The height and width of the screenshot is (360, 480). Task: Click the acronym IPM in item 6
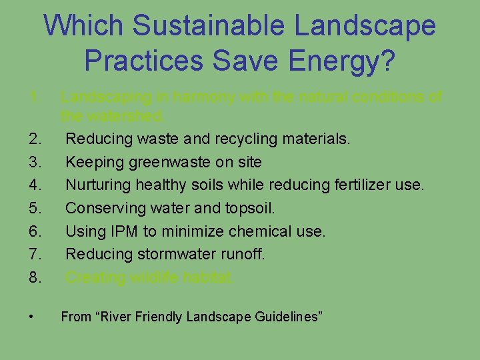(125, 231)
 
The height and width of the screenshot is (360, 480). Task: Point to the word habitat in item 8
(210, 277)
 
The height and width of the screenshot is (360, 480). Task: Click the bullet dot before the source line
(32, 317)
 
